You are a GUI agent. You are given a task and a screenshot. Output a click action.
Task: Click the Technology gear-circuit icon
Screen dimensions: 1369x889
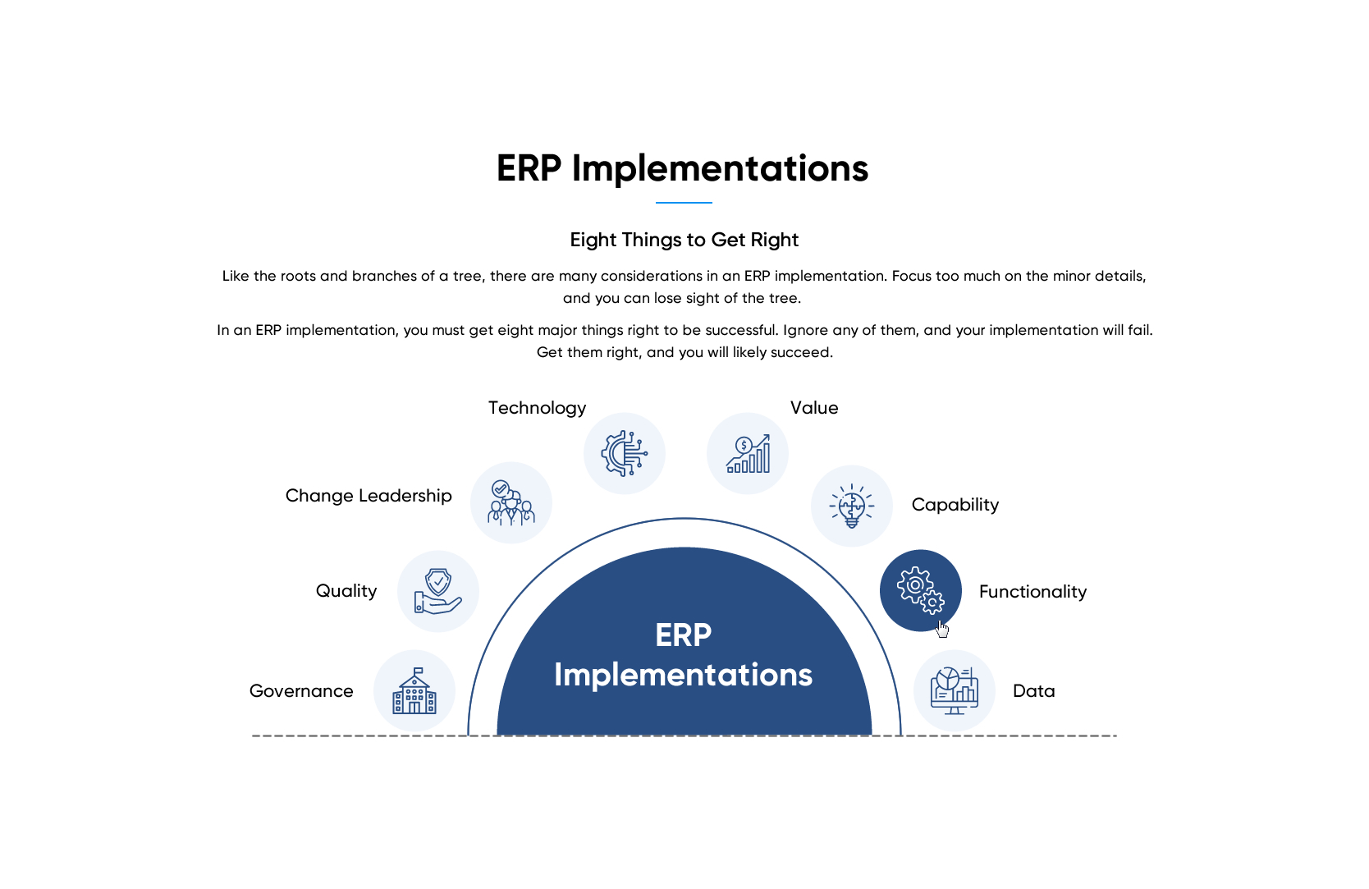click(x=624, y=453)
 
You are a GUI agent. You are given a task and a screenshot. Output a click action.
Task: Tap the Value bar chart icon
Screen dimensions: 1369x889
click(x=748, y=453)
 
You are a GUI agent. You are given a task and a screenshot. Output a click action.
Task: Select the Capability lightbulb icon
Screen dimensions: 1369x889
click(x=851, y=506)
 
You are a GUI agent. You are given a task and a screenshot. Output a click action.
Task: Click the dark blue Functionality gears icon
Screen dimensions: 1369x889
click(x=920, y=590)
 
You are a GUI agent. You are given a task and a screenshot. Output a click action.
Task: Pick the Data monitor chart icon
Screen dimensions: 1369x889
click(x=954, y=690)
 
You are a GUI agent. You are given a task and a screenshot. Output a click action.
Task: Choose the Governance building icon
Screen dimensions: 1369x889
click(x=414, y=690)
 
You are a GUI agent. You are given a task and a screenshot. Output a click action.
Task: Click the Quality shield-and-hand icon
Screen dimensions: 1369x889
click(x=437, y=591)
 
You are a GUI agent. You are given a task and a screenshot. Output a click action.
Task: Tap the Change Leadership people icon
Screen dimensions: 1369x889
click(x=511, y=502)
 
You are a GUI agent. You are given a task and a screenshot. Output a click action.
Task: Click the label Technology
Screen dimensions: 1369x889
click(x=537, y=408)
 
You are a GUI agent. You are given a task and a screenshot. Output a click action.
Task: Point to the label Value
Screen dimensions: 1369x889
click(x=814, y=408)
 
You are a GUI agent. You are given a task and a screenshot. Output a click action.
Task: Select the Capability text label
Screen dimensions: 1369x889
click(x=955, y=505)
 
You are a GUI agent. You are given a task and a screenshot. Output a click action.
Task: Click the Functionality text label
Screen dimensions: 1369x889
click(x=1032, y=592)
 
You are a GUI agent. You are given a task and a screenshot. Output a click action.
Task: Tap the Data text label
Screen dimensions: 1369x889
click(x=1033, y=691)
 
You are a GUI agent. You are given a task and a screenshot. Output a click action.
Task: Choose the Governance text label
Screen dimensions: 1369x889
click(x=301, y=691)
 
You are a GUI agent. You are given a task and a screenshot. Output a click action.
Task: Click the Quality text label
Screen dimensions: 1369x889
click(x=346, y=591)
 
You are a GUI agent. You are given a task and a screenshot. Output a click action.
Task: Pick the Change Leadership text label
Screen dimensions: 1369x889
click(x=369, y=496)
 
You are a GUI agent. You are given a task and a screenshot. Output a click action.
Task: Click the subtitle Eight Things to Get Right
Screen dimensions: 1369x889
click(x=684, y=240)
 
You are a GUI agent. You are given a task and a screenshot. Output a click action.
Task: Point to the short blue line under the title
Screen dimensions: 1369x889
click(x=684, y=203)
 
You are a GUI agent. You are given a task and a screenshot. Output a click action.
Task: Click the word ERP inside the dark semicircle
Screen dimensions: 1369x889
click(x=684, y=635)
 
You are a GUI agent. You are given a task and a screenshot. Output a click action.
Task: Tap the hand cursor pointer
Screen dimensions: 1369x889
click(x=941, y=629)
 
